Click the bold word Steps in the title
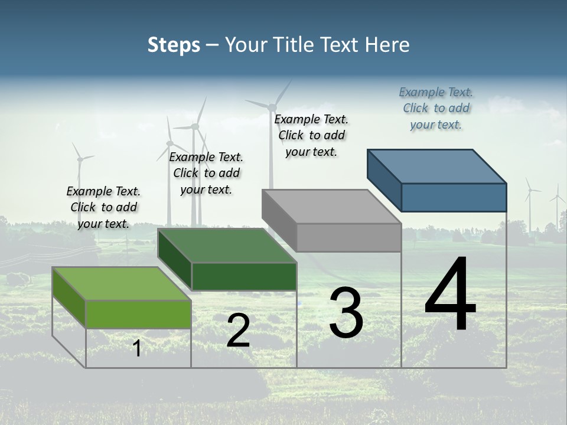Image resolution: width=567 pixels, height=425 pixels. [x=174, y=45]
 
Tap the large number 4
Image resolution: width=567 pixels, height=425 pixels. [x=450, y=295]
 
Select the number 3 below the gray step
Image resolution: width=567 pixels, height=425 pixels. [x=346, y=313]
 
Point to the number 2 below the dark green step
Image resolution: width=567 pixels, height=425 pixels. [x=238, y=331]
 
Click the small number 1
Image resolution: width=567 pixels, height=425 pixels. [x=137, y=349]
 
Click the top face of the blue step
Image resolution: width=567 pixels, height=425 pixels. [x=437, y=166]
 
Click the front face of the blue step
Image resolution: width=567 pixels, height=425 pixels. [x=454, y=197]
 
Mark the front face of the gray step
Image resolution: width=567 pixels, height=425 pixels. [x=348, y=238]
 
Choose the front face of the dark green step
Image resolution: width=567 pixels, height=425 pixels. [x=244, y=277]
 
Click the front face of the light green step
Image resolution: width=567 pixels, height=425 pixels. [x=138, y=314]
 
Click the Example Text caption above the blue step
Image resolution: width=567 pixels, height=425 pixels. [x=436, y=108]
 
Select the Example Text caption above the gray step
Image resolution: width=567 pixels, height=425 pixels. [x=311, y=135]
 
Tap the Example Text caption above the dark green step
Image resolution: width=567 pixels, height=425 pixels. [x=206, y=173]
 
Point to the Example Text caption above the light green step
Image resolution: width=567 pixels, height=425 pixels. [x=103, y=207]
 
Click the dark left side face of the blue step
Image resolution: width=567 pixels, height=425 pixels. [x=384, y=180]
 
